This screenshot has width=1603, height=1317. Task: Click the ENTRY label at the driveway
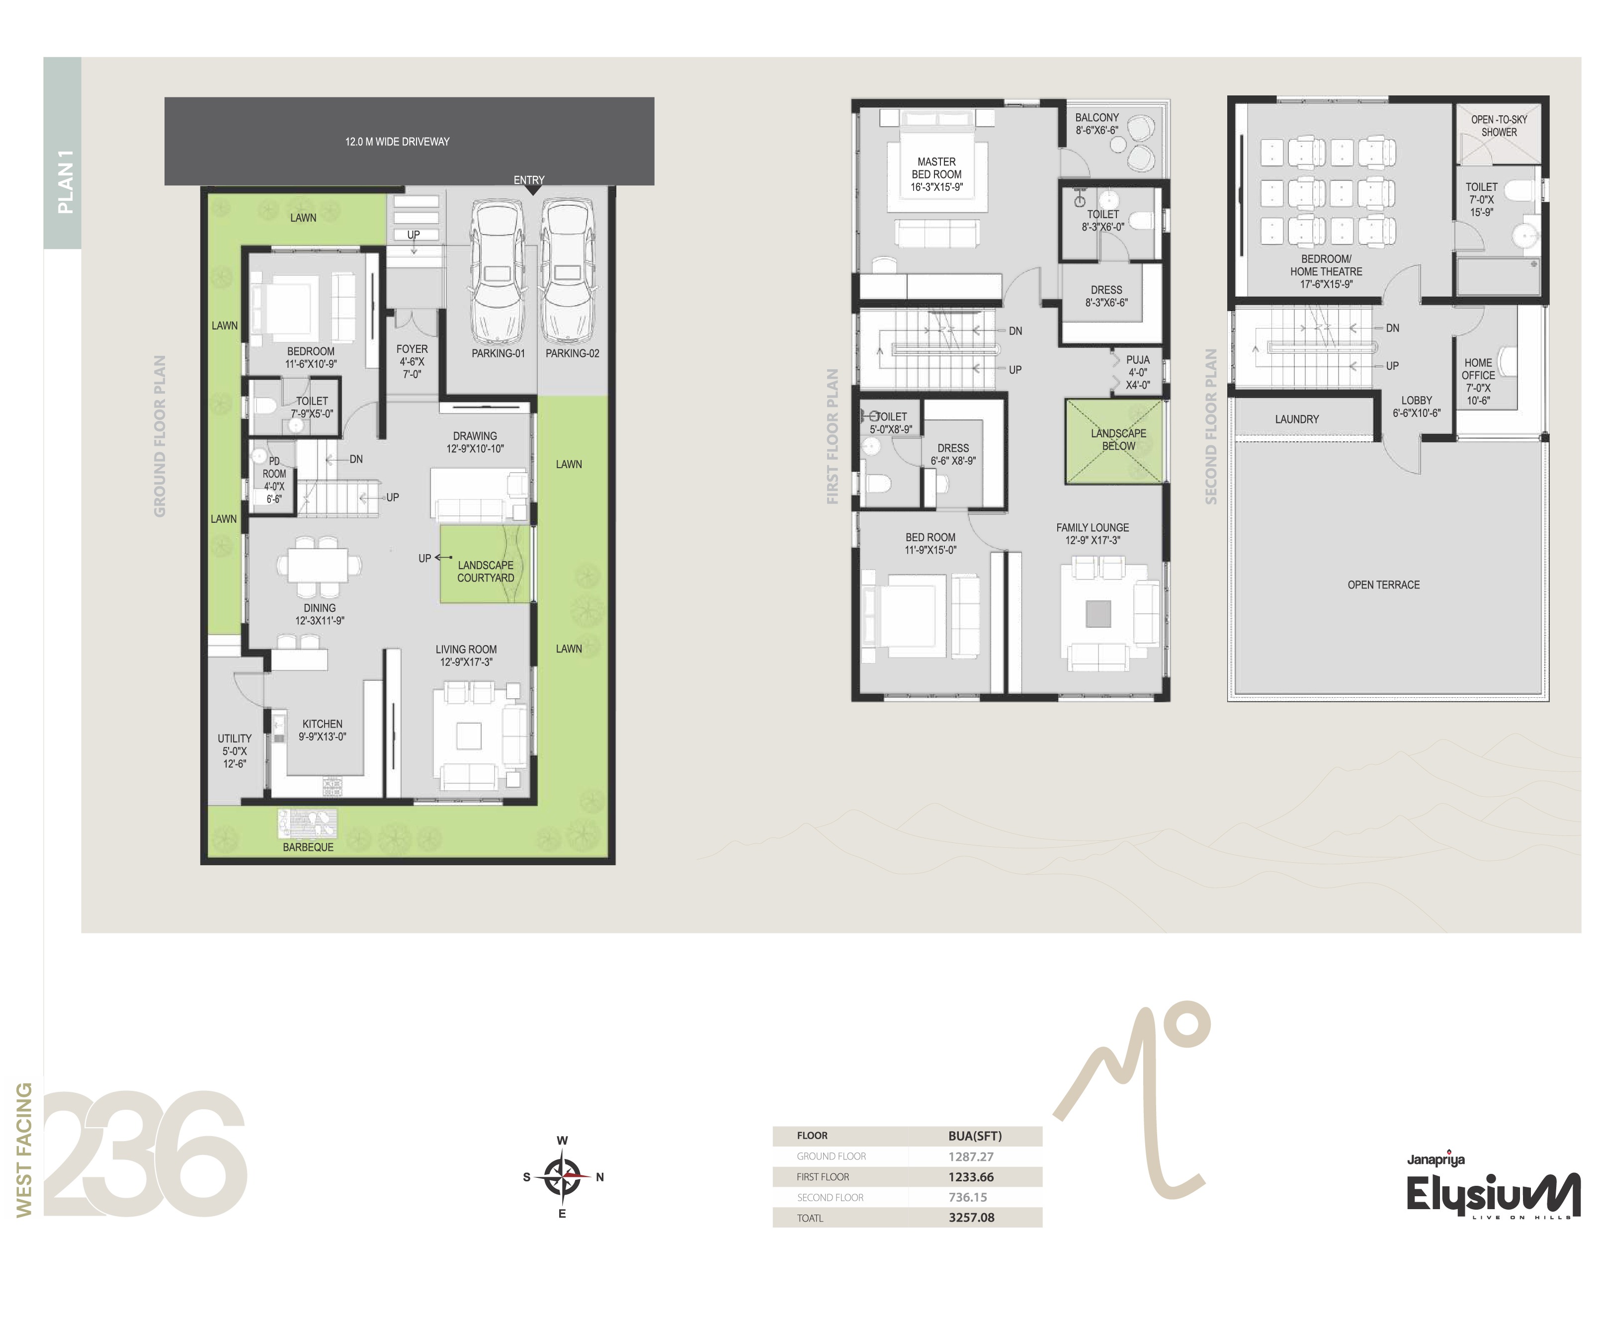(x=529, y=180)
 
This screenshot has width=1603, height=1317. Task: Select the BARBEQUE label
(x=308, y=847)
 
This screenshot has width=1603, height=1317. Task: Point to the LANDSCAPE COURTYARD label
(x=486, y=571)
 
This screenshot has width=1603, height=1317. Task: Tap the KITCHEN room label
(x=323, y=724)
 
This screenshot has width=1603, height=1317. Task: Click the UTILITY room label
(x=235, y=738)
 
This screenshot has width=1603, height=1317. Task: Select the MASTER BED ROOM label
(x=937, y=167)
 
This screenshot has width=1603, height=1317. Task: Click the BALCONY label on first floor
(x=1097, y=118)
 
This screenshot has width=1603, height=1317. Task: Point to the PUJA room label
(x=1138, y=360)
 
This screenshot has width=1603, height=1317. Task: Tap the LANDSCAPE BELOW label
(x=1119, y=439)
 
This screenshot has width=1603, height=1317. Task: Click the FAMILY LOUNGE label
(x=1093, y=527)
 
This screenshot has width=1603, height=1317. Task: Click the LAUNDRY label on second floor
(x=1296, y=419)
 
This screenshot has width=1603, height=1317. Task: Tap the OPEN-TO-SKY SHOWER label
(x=1499, y=126)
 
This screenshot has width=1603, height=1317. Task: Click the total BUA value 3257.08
(x=971, y=1218)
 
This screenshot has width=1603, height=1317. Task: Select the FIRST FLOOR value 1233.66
(x=971, y=1177)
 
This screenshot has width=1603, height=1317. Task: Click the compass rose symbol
(x=562, y=1177)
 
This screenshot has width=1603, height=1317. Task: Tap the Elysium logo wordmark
(x=1493, y=1196)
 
